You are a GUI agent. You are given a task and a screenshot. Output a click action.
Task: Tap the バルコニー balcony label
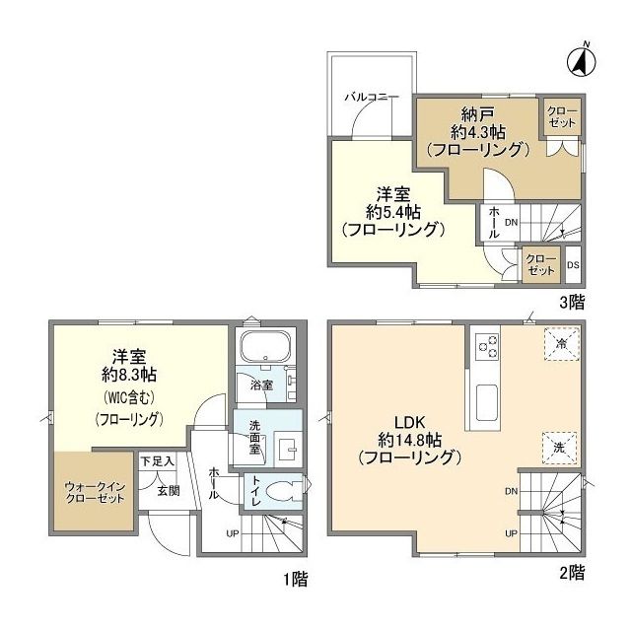[x=371, y=98]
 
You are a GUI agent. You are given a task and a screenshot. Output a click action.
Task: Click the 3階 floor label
[x=572, y=305]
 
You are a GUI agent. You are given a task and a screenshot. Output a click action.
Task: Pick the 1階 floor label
[x=295, y=579]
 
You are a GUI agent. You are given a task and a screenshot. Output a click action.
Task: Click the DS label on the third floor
[x=573, y=264]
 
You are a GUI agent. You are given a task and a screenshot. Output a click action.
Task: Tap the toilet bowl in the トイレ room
[x=287, y=490]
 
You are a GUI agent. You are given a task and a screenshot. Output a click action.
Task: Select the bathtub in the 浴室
[x=263, y=349]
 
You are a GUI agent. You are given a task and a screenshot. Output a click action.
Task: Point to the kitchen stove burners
[x=488, y=346]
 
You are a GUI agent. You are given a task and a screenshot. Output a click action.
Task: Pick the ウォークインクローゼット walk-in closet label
[x=96, y=491]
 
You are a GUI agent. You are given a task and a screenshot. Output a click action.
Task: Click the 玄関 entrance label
[x=168, y=490]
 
